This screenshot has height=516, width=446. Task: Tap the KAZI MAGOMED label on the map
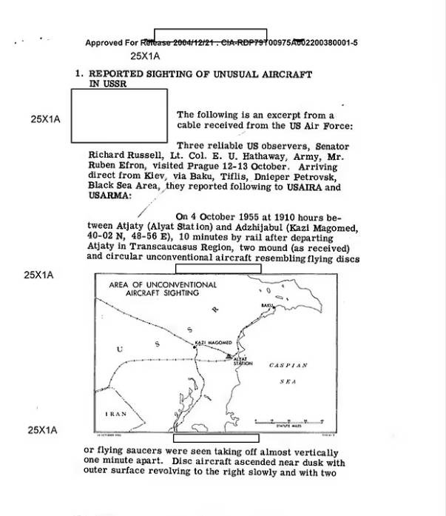pos(214,343)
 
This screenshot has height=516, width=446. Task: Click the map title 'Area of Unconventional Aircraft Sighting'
pos(163,289)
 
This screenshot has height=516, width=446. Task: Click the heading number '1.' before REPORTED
pos(78,75)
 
